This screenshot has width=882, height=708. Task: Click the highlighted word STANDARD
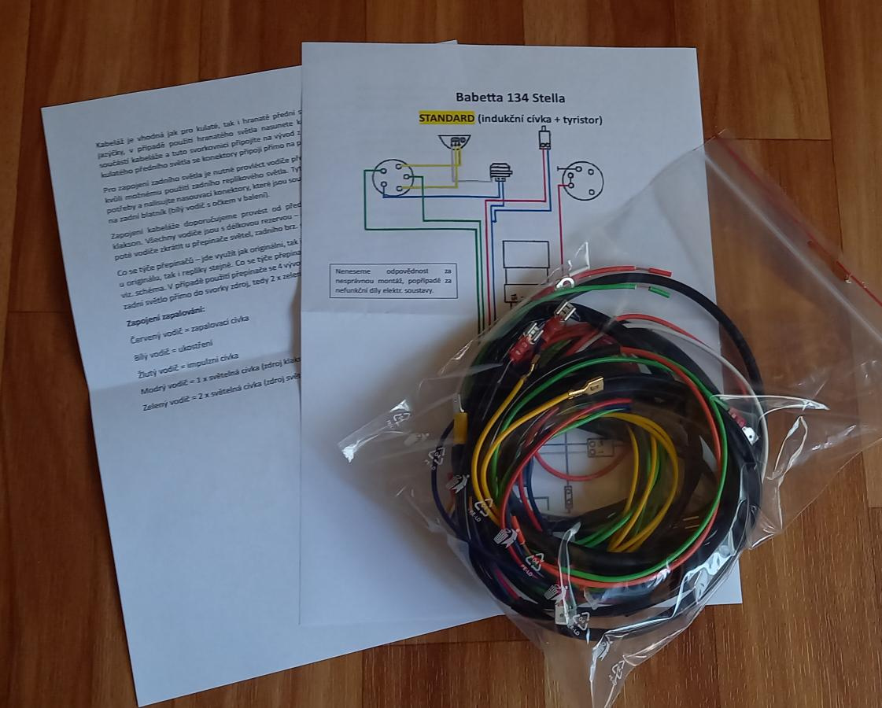(x=446, y=119)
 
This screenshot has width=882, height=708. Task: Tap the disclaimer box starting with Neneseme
(x=394, y=281)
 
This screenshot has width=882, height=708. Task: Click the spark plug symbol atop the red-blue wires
(x=544, y=139)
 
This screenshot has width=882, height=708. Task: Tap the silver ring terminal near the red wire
(x=563, y=280)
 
